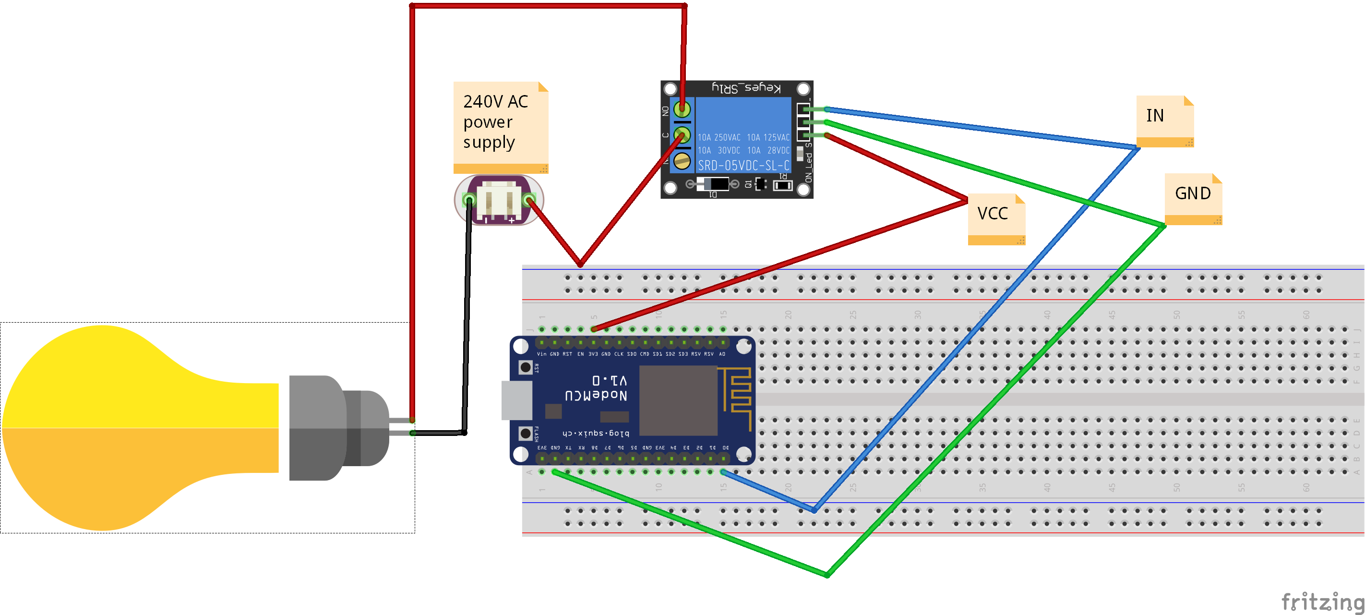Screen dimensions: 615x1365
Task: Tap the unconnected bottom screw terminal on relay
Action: (682, 161)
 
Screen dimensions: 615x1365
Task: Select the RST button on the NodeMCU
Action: (525, 367)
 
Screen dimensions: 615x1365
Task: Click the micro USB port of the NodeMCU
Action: (516, 400)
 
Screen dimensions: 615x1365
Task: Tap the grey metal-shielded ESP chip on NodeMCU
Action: (678, 400)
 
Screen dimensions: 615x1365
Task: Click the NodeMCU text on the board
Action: (596, 396)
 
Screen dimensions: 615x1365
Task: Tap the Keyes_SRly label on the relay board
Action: (745, 88)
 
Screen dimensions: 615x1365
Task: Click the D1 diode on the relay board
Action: (713, 184)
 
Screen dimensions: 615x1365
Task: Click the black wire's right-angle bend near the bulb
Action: (464, 433)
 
